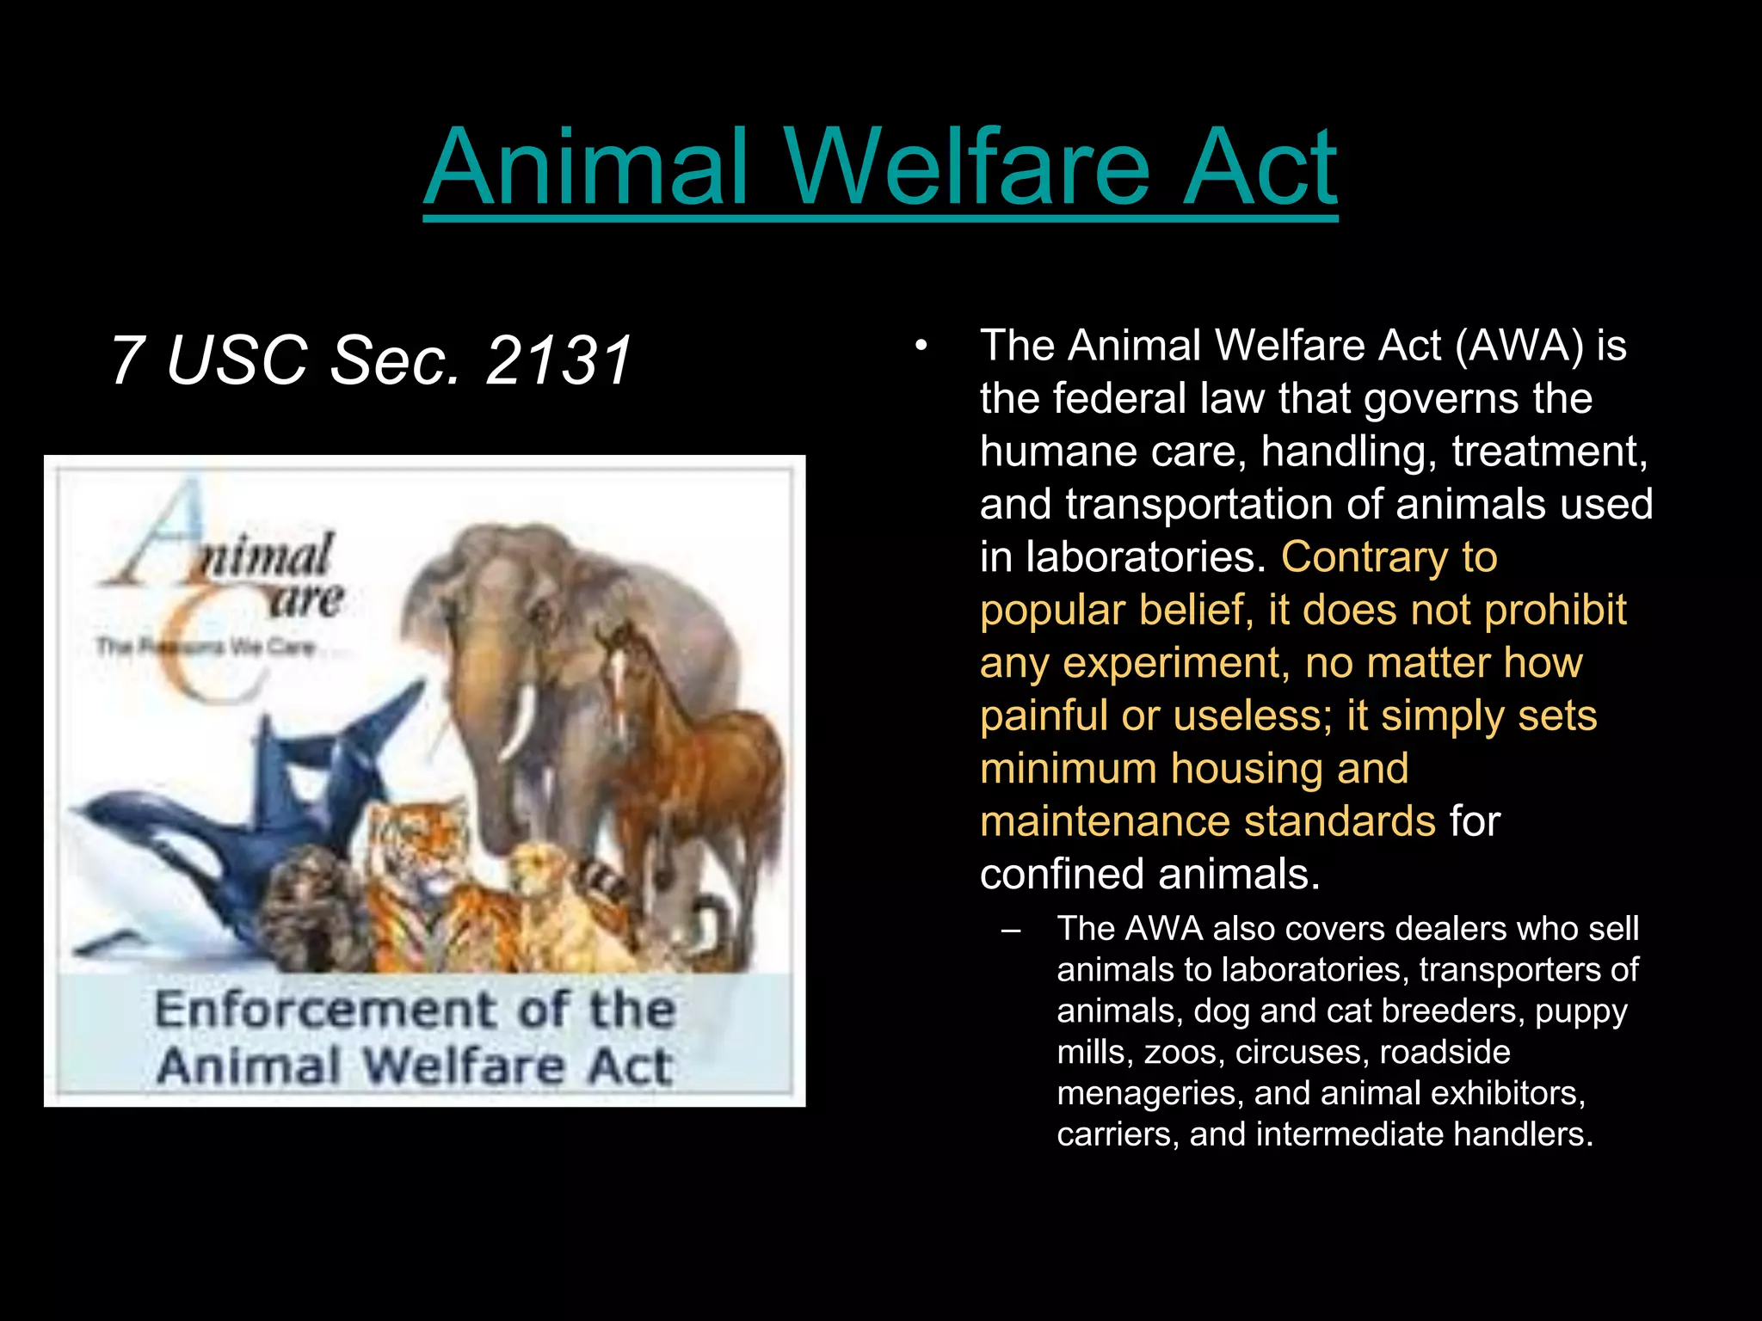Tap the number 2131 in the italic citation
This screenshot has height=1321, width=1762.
[559, 359]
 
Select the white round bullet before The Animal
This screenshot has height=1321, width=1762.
[921, 347]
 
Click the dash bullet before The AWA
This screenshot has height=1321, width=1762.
[1011, 930]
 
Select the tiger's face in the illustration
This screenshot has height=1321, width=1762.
[413, 851]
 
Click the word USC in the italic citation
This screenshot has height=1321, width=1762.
[237, 359]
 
